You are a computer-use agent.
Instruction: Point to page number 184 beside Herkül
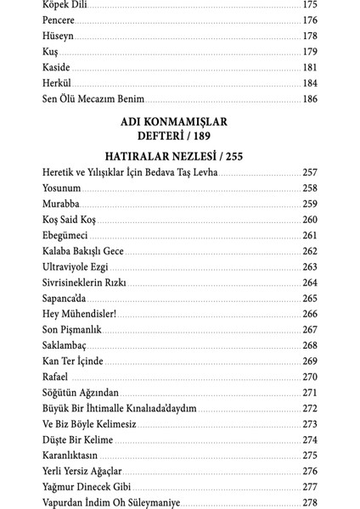coord(309,84)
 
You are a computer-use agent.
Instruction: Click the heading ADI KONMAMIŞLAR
coord(179,122)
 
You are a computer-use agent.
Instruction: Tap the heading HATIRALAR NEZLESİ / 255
coord(179,157)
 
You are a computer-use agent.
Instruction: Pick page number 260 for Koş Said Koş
coord(309,220)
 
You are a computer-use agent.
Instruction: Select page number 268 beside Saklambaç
coord(309,346)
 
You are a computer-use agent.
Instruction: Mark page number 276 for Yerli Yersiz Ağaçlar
coord(309,472)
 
